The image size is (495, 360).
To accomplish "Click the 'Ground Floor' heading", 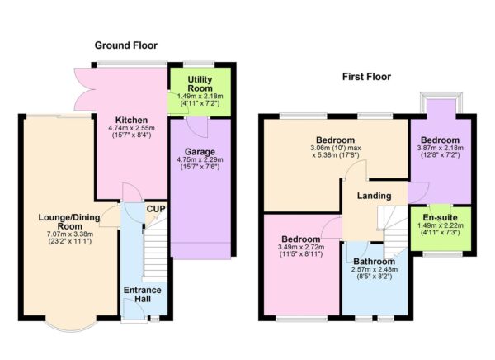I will click(125, 45).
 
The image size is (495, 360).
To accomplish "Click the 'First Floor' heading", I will click(366, 77).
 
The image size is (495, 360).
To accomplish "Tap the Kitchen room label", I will click(130, 120).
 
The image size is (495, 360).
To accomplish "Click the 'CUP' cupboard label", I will click(154, 209).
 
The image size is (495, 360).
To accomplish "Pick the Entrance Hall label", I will click(143, 295).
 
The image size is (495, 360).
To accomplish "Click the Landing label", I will click(374, 196).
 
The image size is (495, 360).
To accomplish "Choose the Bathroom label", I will click(375, 260).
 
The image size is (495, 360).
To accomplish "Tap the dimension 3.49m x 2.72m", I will click(301, 245).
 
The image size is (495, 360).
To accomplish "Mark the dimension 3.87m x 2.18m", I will click(441, 149).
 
